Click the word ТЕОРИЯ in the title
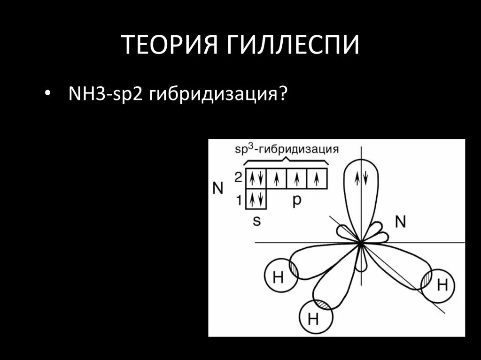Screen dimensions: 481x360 click(x=166, y=46)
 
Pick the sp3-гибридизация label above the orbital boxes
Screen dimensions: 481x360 click(x=287, y=149)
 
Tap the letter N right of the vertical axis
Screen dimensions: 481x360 click(x=400, y=222)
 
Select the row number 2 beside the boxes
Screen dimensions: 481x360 click(x=238, y=177)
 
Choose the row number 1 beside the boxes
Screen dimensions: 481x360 click(x=238, y=200)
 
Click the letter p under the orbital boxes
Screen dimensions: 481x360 click(x=297, y=200)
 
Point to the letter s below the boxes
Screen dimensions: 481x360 click(x=256, y=221)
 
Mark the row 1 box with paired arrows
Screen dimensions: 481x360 click(x=256, y=200)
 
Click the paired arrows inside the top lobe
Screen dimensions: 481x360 click(x=361, y=178)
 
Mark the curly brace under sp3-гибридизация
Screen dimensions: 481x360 click(x=287, y=161)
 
